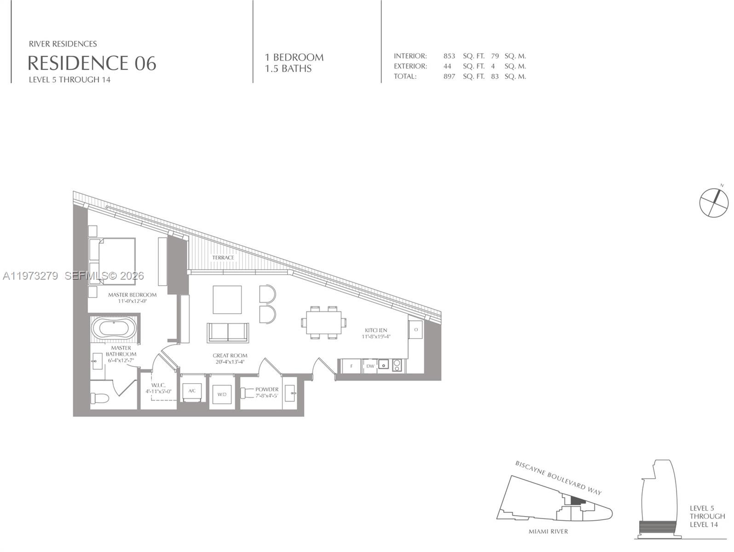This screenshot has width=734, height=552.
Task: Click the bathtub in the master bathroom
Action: coord(114,329)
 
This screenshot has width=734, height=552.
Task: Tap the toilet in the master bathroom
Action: coord(99,398)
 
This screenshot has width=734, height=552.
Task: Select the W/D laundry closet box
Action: coord(222,395)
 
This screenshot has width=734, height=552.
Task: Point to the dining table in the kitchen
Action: coord(324,322)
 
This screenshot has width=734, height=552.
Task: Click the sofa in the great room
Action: coord(228,332)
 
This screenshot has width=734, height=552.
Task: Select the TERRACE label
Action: coord(223,258)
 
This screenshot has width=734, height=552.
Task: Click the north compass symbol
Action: coord(714,202)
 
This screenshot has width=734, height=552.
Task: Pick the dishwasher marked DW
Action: coord(370,366)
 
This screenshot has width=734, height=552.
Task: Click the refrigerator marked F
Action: coord(352,366)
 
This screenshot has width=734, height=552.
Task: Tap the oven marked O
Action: coord(416,330)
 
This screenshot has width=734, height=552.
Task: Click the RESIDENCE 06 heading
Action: coord(92,63)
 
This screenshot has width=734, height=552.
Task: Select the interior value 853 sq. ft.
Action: coord(449,56)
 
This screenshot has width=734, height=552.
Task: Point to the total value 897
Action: coord(449,76)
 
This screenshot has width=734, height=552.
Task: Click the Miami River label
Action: coord(548,532)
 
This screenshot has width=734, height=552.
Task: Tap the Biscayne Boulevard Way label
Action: coord(558,477)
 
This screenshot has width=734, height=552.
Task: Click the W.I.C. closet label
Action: coord(158,385)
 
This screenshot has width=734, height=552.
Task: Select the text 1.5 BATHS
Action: coord(288,69)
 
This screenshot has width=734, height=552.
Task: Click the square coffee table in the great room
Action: coord(227,300)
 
